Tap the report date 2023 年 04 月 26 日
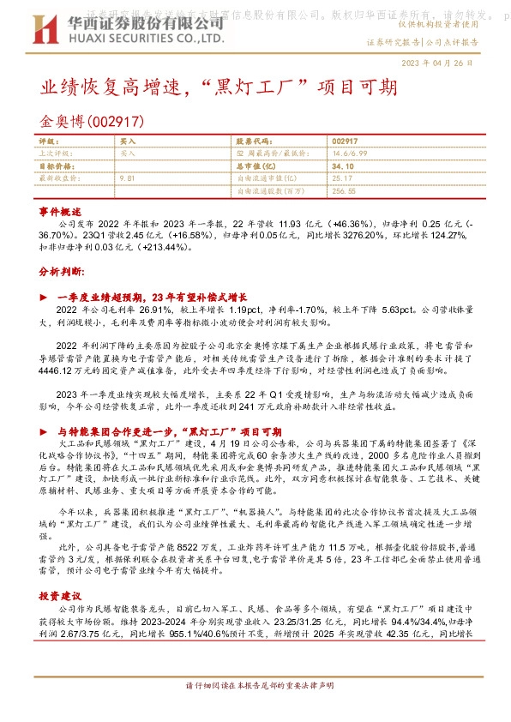tap(437, 63)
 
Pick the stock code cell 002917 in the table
tap(344, 140)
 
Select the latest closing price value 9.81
tap(129, 177)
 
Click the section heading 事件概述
tap(60, 210)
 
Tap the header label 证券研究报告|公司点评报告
tap(422, 41)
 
